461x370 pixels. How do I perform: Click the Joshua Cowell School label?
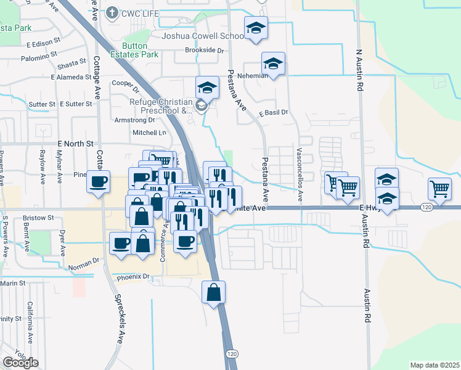pyautogui.click(x=203, y=36)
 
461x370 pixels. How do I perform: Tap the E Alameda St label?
pyautogui.click(x=71, y=77)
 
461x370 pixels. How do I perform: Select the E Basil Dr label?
pyautogui.click(x=274, y=113)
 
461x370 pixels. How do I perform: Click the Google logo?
pyautogui.click(x=20, y=363)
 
